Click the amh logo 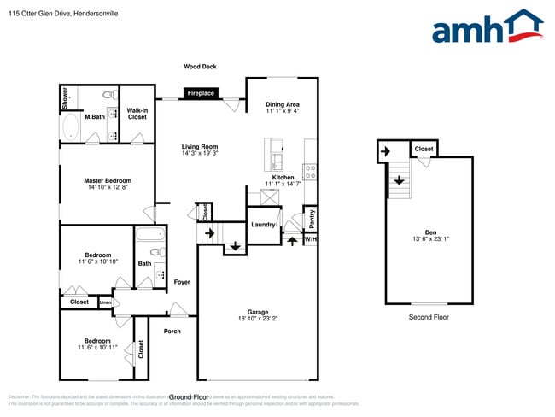click(488, 27)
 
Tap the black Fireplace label click(201, 93)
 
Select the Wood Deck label click(200, 66)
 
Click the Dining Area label click(282, 104)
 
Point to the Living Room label click(200, 146)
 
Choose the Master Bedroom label click(107, 180)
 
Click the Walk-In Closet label click(137, 113)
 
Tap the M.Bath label click(94, 116)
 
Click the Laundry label click(263, 225)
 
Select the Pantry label click(312, 220)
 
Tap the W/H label click(311, 239)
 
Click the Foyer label click(182, 281)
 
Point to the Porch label click(172, 331)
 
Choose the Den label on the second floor click(430, 232)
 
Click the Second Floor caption click(429, 317)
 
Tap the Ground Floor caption click(189, 397)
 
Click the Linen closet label click(106, 302)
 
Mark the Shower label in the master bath click(64, 98)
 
